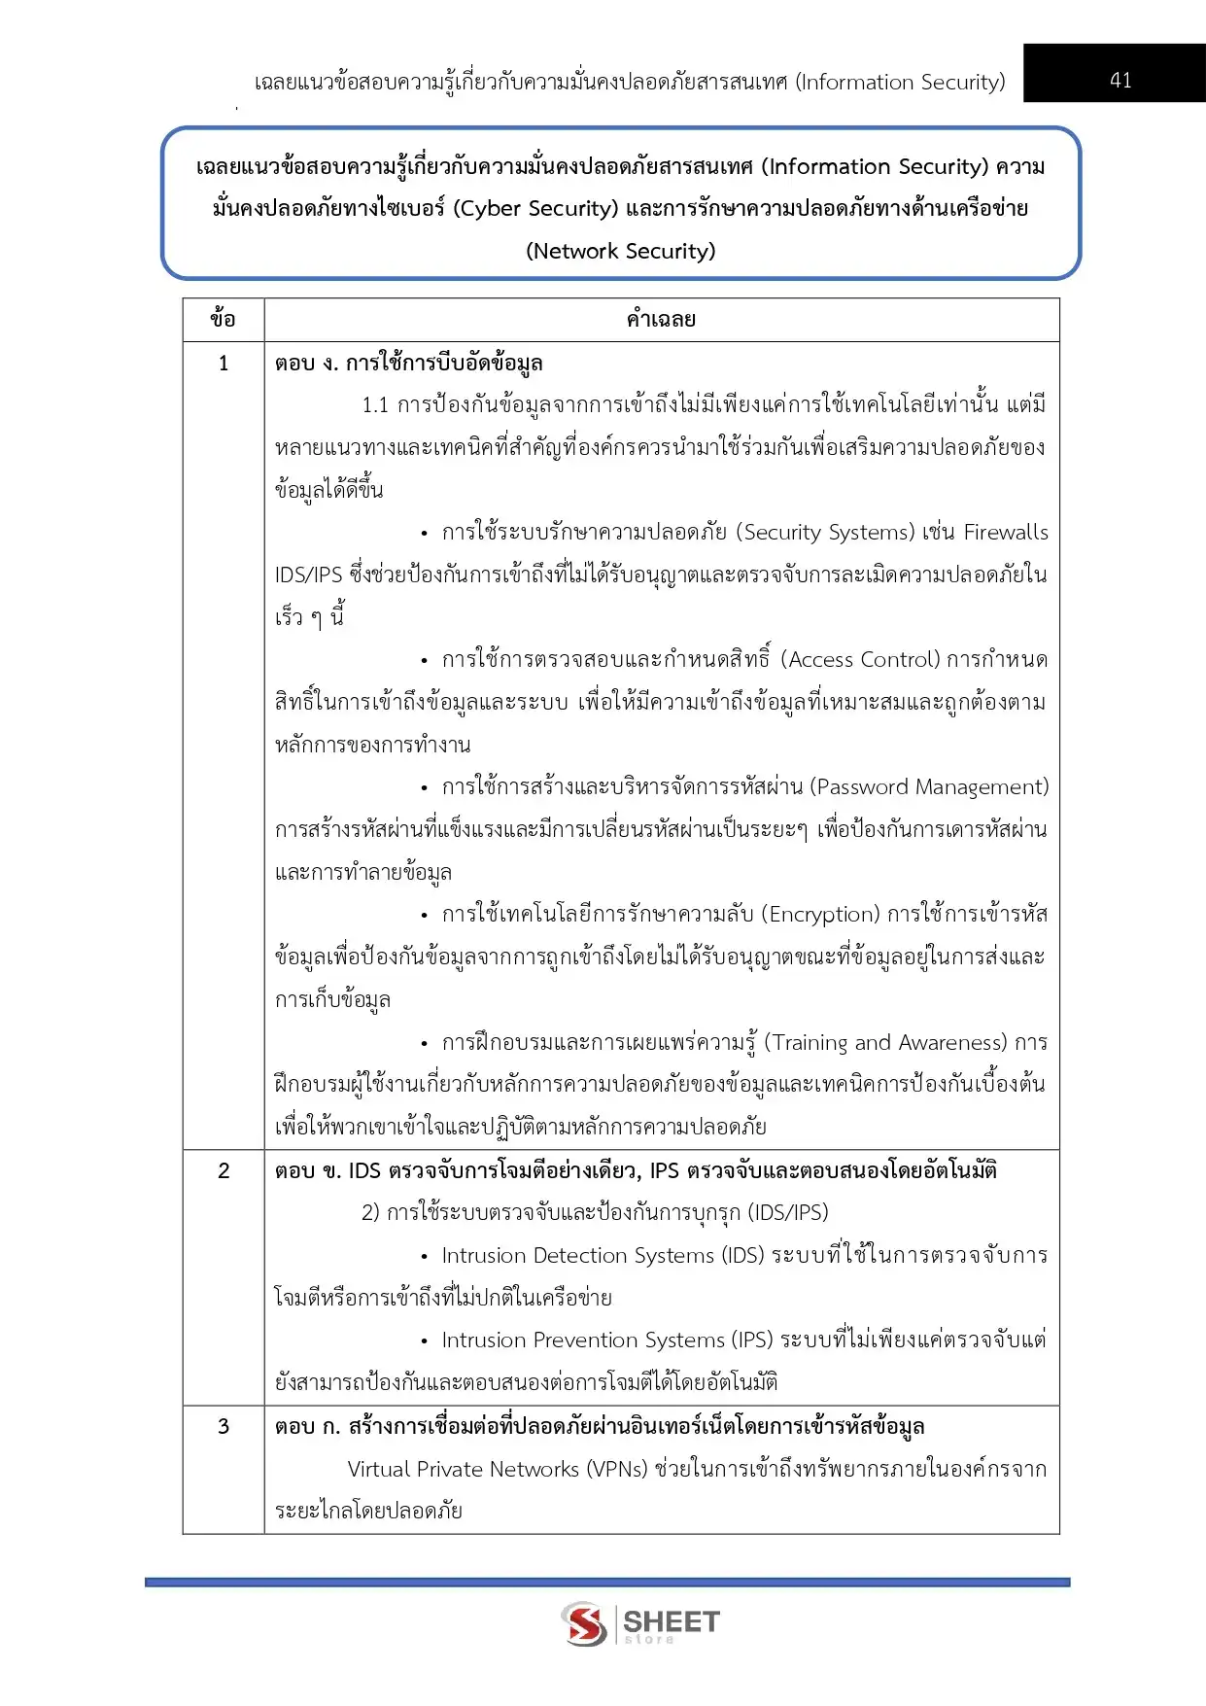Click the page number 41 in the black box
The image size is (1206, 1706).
point(1120,80)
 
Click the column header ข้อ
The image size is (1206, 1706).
point(223,319)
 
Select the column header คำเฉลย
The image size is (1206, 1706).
point(661,319)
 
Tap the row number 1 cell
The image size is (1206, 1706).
point(224,364)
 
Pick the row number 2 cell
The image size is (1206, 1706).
point(224,1170)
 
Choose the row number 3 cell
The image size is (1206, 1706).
point(224,1426)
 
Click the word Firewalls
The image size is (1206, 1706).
point(1006,533)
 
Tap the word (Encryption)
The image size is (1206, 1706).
point(820,915)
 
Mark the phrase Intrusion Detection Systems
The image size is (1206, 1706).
point(577,1256)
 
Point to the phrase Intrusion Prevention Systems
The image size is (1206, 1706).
point(583,1340)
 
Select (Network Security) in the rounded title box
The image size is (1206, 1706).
point(620,251)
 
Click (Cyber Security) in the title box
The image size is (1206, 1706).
point(535,208)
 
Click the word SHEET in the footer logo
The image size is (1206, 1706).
point(671,1620)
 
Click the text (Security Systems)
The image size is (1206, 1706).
point(825,533)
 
